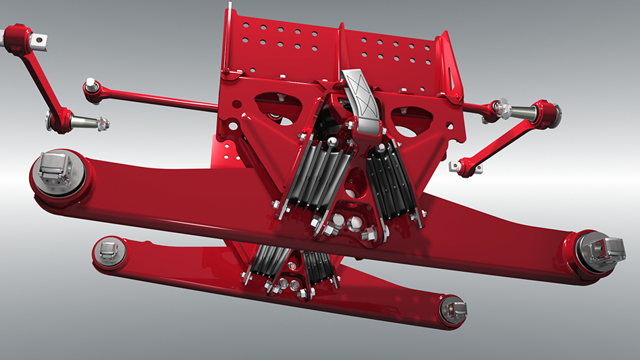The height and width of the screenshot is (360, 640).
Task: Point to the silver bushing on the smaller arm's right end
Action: (x=453, y=310)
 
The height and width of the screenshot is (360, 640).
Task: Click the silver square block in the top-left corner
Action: (x=41, y=40)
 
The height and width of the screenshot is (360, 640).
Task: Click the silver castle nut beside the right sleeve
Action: (x=500, y=107)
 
